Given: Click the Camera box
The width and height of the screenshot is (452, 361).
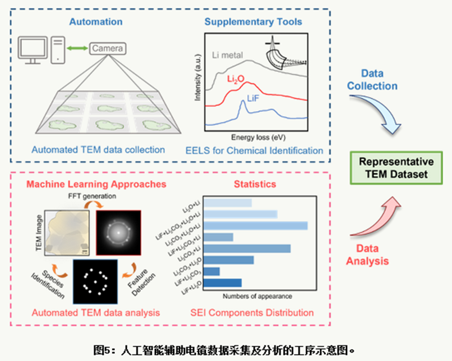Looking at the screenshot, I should click(x=107, y=49).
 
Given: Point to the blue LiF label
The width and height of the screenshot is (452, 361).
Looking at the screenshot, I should click(x=253, y=99).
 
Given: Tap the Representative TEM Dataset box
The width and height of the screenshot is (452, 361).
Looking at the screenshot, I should click(x=393, y=168).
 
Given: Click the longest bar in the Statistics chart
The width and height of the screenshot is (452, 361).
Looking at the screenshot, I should click(x=256, y=226).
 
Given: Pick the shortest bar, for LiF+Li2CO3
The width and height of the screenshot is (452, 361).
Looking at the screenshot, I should click(x=212, y=272).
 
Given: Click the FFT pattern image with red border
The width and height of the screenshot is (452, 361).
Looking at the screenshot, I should click(x=119, y=231).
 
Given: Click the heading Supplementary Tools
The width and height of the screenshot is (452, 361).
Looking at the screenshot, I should click(x=253, y=22).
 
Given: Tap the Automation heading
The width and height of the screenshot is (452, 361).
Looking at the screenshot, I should click(x=95, y=22).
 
